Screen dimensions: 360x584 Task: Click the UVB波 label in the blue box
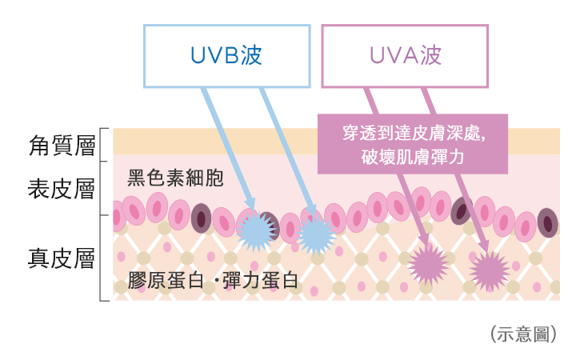pos(226,55)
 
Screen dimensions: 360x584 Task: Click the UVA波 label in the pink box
pos(405,55)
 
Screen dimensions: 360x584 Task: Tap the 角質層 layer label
pos(62,146)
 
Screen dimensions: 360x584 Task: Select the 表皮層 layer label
pos(62,190)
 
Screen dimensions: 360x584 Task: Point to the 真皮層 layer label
pos(62,259)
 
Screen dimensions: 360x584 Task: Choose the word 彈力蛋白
pos(260,281)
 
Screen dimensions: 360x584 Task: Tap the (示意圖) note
pos(522,334)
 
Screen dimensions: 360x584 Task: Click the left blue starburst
pos(258,230)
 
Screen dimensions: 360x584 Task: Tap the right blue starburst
pos(316,234)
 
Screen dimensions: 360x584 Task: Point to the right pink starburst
pos(489,270)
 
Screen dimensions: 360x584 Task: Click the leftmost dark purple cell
pos(201,218)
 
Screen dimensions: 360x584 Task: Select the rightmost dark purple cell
pos(547,222)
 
